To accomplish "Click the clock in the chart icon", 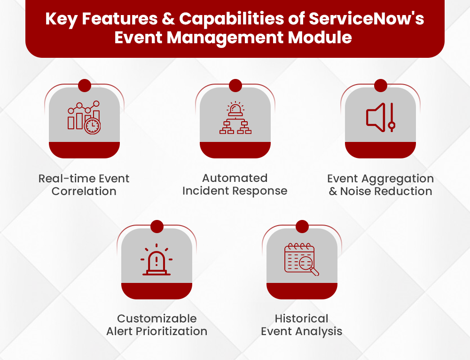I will tap(93, 125).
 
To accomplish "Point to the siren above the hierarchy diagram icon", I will tap(235, 109).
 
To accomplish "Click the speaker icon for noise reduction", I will tap(375, 117).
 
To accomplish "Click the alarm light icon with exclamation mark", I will tap(157, 261).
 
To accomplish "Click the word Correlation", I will tap(84, 191).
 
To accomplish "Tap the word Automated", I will tap(235, 178).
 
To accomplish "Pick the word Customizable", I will tap(157, 318).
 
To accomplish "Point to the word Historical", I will tap(301, 318).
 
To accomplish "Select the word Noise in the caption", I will tap(355, 191).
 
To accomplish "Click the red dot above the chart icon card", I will tap(85, 86).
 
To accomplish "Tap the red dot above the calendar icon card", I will tap(302, 227).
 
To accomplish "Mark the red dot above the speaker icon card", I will tap(380, 86).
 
